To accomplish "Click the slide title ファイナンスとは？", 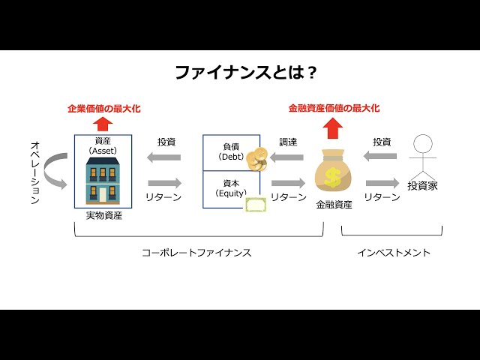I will coord(245,73).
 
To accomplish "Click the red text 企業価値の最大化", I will coord(104,108).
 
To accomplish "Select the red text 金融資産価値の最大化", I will coord(334,108).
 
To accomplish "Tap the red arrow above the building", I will coord(104,124).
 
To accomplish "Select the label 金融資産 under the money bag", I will coord(334,204).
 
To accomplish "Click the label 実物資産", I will coord(104,216).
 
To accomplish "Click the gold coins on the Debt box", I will coord(259,160).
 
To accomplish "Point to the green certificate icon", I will coord(256,206).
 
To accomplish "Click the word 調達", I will coord(288,141).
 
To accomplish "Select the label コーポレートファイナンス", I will coord(196,253).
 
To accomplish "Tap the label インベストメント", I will coord(394,253).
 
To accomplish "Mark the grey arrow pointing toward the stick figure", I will coord(382,184).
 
